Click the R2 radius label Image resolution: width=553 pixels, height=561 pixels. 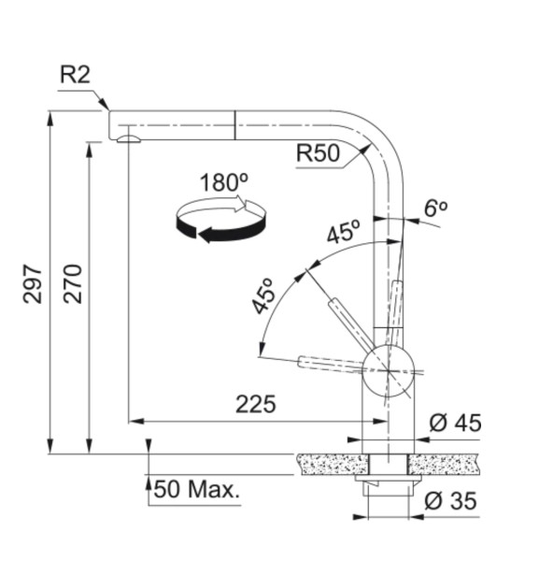pos(75,75)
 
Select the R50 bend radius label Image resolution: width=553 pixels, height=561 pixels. pos(318,153)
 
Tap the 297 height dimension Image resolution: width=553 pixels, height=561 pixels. pos(33,283)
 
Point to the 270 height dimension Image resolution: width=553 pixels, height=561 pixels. pos(73,283)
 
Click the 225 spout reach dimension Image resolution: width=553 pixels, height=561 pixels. pos(256,404)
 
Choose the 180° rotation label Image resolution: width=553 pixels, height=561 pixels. pos(224,182)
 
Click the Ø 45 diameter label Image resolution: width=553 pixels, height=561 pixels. pos(455,423)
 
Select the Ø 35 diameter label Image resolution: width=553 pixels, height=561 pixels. pos(450,500)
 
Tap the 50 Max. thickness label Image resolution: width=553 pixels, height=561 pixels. pos(196,489)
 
